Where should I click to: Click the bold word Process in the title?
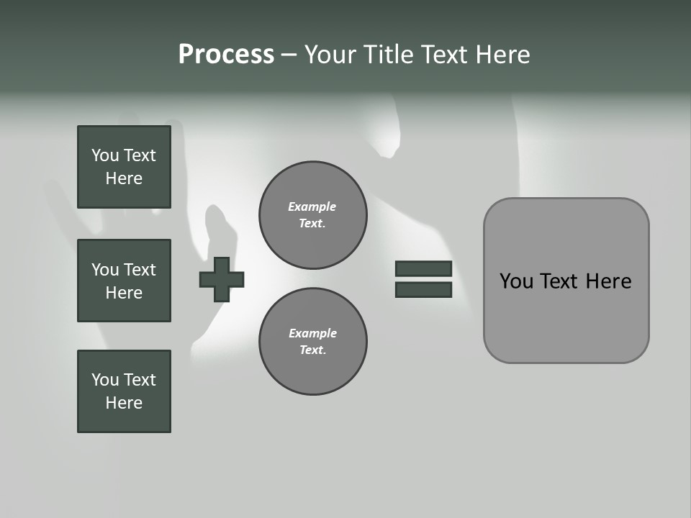coord(226,55)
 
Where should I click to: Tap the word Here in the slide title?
coord(503,55)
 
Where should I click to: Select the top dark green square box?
coord(124,167)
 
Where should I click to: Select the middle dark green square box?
coord(124,281)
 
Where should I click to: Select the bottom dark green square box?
coord(124,391)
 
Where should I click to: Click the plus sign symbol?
coord(222,279)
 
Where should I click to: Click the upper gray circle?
coord(313,215)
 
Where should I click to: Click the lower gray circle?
coord(313,342)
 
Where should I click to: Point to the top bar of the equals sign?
coord(423,268)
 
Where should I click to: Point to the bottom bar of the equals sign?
coord(423,290)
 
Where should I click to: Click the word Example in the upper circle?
coord(312,206)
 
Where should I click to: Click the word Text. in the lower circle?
coord(313,350)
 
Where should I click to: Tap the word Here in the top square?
coord(124,178)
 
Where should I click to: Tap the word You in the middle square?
coord(104,270)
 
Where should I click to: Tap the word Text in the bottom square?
coord(140,380)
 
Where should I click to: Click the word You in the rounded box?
coord(516,281)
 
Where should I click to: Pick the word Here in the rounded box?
coord(608,281)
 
